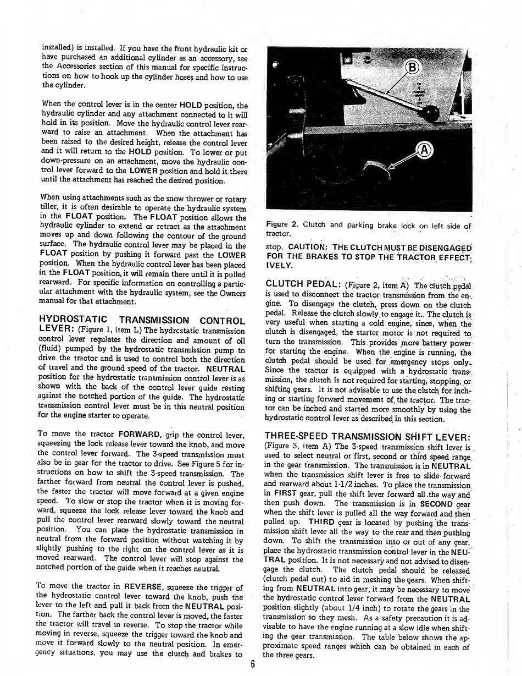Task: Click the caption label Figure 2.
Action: click(x=281, y=224)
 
